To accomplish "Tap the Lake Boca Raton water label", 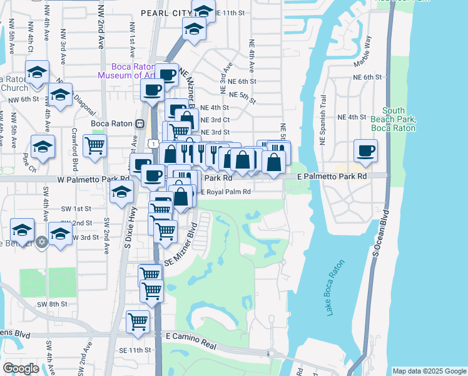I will [x=335, y=288].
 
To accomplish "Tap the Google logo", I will [x=21, y=368].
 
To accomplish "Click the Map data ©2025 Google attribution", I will [x=429, y=371].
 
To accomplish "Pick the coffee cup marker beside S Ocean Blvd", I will [x=365, y=150].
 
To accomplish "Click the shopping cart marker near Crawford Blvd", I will [x=94, y=145].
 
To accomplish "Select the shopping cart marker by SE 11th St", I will [x=138, y=321].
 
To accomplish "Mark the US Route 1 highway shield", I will [x=153, y=144].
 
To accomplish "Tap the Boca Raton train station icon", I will [x=140, y=123].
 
